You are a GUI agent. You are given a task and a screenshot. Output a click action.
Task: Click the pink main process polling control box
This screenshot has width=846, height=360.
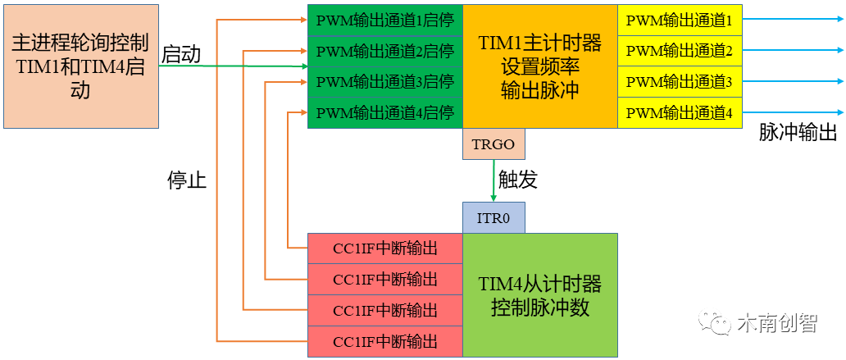(80, 66)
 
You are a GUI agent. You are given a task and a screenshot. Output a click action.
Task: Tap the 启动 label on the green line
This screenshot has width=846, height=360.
(181, 54)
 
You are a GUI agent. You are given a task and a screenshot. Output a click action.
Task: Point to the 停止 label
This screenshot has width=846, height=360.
(187, 180)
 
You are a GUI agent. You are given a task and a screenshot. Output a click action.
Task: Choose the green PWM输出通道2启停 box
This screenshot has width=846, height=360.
(384, 52)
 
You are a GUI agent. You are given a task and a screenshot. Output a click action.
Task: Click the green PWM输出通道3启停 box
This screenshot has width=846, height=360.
(384, 82)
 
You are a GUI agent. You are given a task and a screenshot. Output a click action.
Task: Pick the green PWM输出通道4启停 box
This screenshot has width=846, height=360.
(384, 112)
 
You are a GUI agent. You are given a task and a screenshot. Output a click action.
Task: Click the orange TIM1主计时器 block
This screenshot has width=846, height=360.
(539, 66)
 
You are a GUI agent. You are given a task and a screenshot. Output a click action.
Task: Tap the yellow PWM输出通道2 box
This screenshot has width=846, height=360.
(679, 52)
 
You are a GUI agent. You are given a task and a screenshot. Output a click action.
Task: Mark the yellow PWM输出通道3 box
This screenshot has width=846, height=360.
(679, 82)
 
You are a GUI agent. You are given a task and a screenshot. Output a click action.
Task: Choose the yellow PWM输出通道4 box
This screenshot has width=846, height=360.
(679, 112)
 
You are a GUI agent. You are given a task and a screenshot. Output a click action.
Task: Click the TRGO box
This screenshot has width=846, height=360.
(493, 144)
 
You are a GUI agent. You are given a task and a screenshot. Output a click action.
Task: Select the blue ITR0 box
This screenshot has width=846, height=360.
(493, 218)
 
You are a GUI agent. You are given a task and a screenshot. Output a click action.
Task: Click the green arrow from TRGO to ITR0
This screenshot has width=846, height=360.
(493, 180)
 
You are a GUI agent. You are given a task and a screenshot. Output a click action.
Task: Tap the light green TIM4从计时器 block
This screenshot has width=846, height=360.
(539, 295)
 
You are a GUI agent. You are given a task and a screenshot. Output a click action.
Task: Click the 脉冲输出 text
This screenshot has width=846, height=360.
(797, 133)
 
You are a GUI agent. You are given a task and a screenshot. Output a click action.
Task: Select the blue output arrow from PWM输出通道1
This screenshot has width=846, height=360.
(791, 20)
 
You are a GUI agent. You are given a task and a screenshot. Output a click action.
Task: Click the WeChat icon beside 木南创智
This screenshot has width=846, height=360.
(715, 323)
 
